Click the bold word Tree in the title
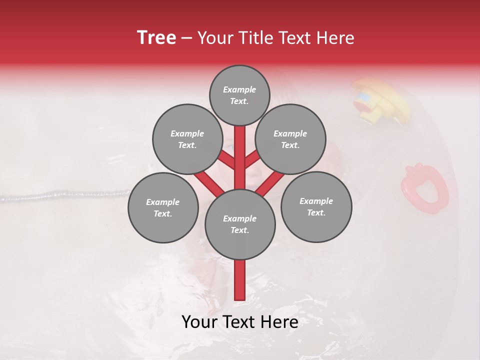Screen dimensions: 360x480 pos(156,38)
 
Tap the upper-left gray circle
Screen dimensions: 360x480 pos(187,139)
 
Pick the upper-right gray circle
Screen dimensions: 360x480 pos(290,139)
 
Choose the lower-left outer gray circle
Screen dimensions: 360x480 pos(163,207)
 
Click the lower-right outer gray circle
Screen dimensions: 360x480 pos(316,206)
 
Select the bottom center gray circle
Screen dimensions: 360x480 pos(240,224)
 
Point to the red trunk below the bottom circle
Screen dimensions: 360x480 pos(240,280)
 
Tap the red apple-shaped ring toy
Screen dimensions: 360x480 pos(424,188)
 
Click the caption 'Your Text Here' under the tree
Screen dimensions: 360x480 pos(240,322)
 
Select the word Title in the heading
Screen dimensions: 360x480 pos(255,38)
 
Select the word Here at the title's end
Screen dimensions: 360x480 pos(336,38)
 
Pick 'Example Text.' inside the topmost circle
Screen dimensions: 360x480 pos(239,95)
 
